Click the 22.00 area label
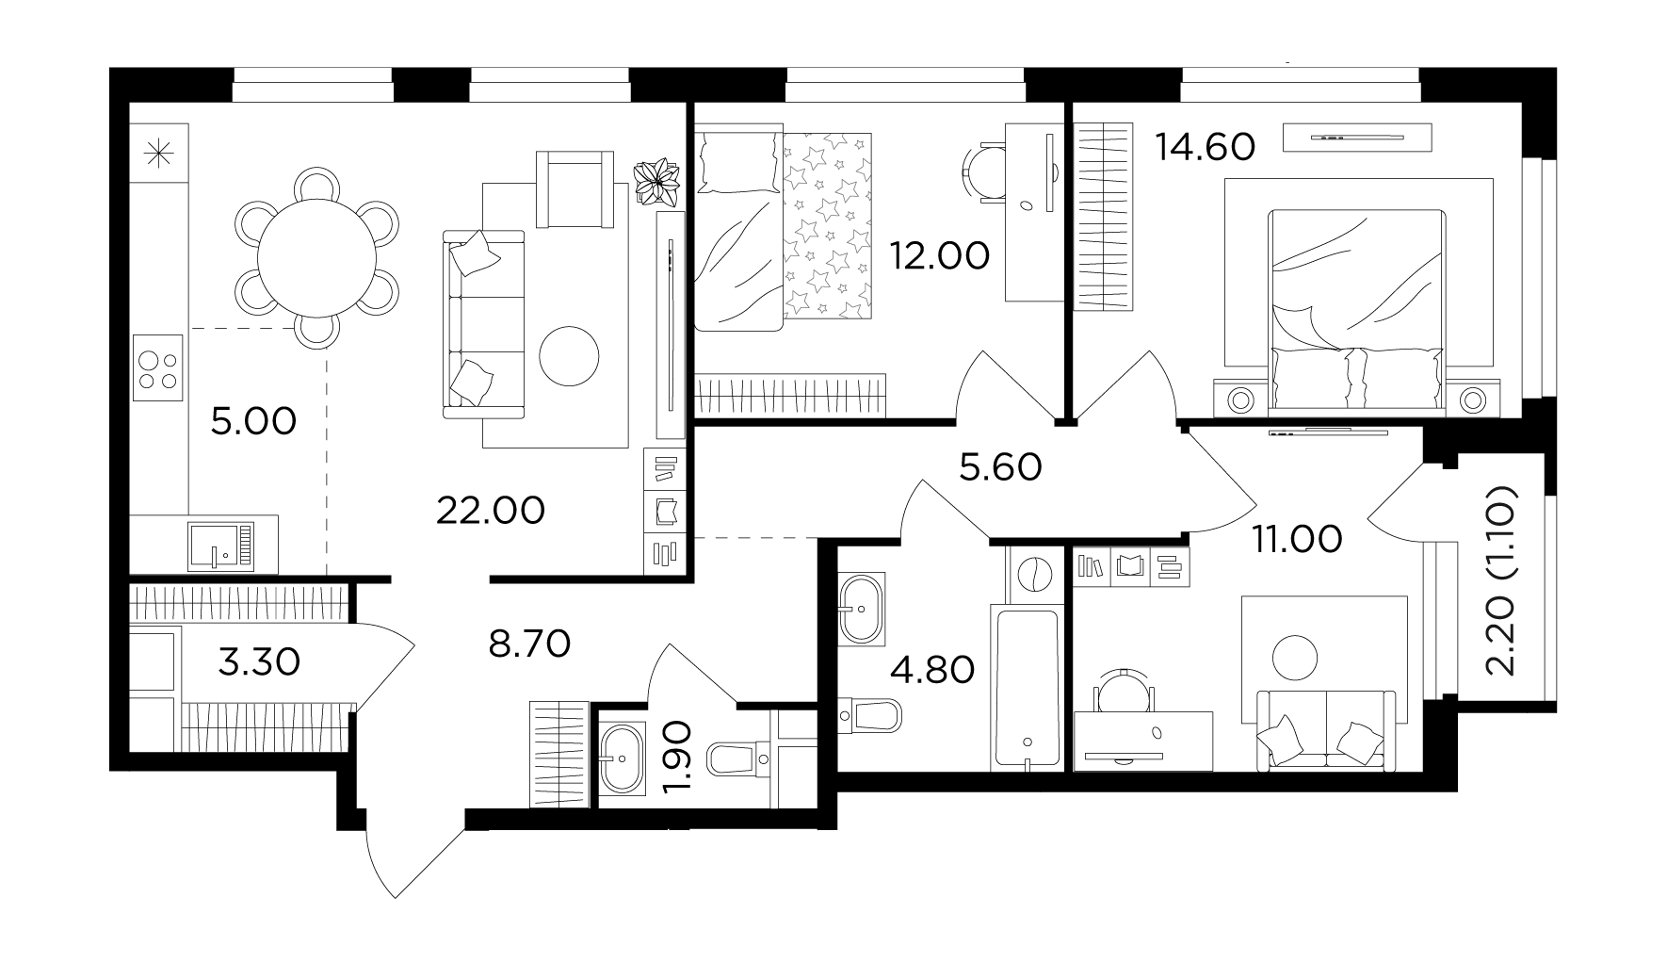click(491, 511)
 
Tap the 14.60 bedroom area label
click(1206, 147)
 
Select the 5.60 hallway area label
click(1000, 466)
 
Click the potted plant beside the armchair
click(658, 181)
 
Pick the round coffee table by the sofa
click(569, 355)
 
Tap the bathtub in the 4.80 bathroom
click(1026, 687)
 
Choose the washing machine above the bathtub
click(1034, 574)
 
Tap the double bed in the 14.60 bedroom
click(1356, 310)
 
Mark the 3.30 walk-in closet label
click(259, 661)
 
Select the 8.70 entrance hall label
click(529, 644)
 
